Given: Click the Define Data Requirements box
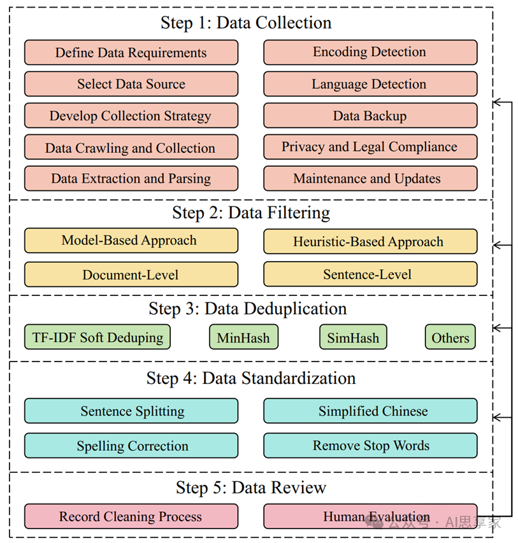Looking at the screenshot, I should click(131, 53).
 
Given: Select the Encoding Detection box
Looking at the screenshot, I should click(370, 52).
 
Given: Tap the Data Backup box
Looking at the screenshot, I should click(370, 116).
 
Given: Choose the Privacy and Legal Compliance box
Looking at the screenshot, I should click(370, 147).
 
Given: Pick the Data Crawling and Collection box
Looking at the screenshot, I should click(131, 148).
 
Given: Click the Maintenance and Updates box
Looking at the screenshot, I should click(370, 179).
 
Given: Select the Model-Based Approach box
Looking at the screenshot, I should click(131, 241).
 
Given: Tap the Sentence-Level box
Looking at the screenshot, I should click(370, 274).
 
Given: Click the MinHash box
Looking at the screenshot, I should click(243, 337).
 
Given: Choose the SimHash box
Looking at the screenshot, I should click(353, 337).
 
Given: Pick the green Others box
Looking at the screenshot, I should click(450, 337).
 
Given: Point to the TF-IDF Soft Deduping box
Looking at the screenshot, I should click(97, 337).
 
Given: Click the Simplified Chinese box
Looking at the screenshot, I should click(370, 411).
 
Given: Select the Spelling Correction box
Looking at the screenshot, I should click(131, 446).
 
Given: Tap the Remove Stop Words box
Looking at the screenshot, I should click(370, 446).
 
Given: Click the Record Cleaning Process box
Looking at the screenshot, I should click(131, 516).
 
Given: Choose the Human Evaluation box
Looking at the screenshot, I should click(370, 516).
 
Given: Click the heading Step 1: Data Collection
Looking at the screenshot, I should click(246, 23).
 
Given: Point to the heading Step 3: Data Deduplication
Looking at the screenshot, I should click(248, 309).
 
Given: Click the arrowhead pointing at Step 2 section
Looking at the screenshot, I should click(498, 244).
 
